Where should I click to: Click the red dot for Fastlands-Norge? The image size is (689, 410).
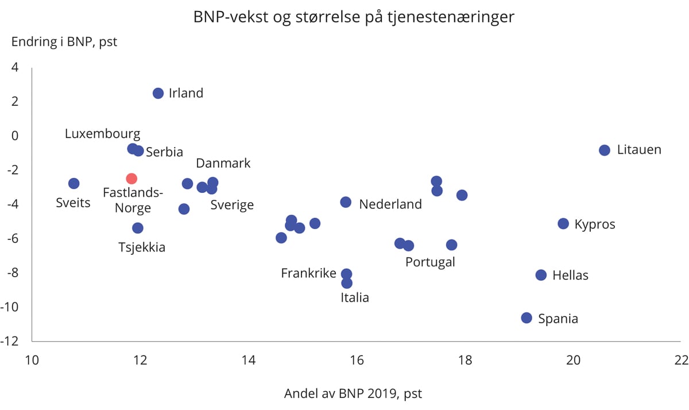point(131,179)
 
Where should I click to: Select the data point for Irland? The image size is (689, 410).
point(158,93)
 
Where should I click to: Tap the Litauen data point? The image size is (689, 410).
point(604,150)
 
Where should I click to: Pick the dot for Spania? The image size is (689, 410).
point(527,318)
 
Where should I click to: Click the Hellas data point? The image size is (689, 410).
point(541,275)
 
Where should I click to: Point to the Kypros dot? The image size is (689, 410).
point(563,223)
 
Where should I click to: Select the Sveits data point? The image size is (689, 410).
point(73,183)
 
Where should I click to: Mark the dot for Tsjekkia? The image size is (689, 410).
point(138,228)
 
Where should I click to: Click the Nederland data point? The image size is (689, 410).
point(346,202)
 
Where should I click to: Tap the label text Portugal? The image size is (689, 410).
point(430,262)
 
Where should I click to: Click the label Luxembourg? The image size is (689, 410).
point(102,134)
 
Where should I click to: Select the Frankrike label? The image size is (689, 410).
point(308,273)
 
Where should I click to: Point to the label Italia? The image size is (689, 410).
point(355,297)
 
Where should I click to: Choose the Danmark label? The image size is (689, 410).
point(223,163)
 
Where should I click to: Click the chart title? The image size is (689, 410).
point(354,18)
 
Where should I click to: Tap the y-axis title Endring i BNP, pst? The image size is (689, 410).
point(64,42)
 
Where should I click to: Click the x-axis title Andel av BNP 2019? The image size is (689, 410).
point(353,394)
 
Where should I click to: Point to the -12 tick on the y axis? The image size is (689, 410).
point(14,341)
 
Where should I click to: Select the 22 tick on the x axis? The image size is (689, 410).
point(681,360)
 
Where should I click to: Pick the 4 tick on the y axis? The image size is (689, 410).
point(15,67)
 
